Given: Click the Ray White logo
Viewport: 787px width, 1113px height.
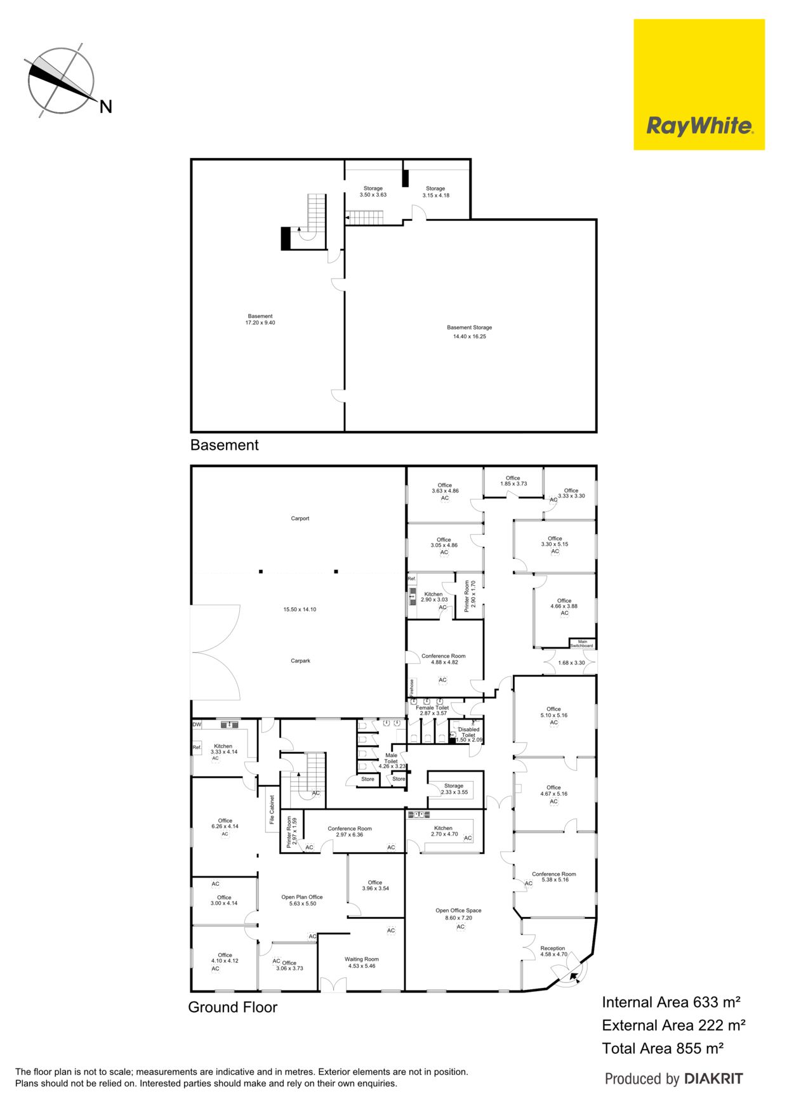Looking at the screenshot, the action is point(699,84).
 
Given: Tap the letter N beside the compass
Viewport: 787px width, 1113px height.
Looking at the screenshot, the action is point(105,107).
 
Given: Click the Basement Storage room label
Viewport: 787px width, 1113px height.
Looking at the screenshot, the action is point(470,327).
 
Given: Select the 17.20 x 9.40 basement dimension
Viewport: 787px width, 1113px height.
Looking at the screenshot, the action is point(260,323).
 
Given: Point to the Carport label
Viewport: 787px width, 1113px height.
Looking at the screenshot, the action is point(300,518).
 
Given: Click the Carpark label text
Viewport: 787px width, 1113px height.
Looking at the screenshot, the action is point(301,661).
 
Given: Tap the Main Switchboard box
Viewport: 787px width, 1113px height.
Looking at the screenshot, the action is point(582,643).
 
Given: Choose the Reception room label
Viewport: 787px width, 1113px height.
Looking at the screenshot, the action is point(553,948).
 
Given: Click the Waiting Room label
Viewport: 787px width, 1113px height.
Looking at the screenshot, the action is point(362,959).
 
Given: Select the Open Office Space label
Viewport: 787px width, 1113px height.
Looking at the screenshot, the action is point(458,911).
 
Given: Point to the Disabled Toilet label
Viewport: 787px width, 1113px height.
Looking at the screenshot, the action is point(469,732).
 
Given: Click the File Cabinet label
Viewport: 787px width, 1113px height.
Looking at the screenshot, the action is point(272,810).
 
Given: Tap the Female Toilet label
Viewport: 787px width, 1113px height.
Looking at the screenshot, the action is point(432,708).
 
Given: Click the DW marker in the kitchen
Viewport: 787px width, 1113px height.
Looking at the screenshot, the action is point(197,725).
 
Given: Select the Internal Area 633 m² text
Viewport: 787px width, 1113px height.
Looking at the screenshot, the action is point(671,1003).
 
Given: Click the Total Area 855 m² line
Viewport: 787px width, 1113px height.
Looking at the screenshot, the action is point(663,1048).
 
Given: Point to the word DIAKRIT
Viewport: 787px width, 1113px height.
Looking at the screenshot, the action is point(713,1079).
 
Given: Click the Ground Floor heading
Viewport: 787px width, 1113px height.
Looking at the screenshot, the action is point(232,1007).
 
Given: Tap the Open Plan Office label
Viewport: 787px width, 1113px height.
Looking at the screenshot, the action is point(302,897).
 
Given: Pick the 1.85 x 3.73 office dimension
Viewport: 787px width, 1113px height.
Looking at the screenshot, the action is point(513,484).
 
